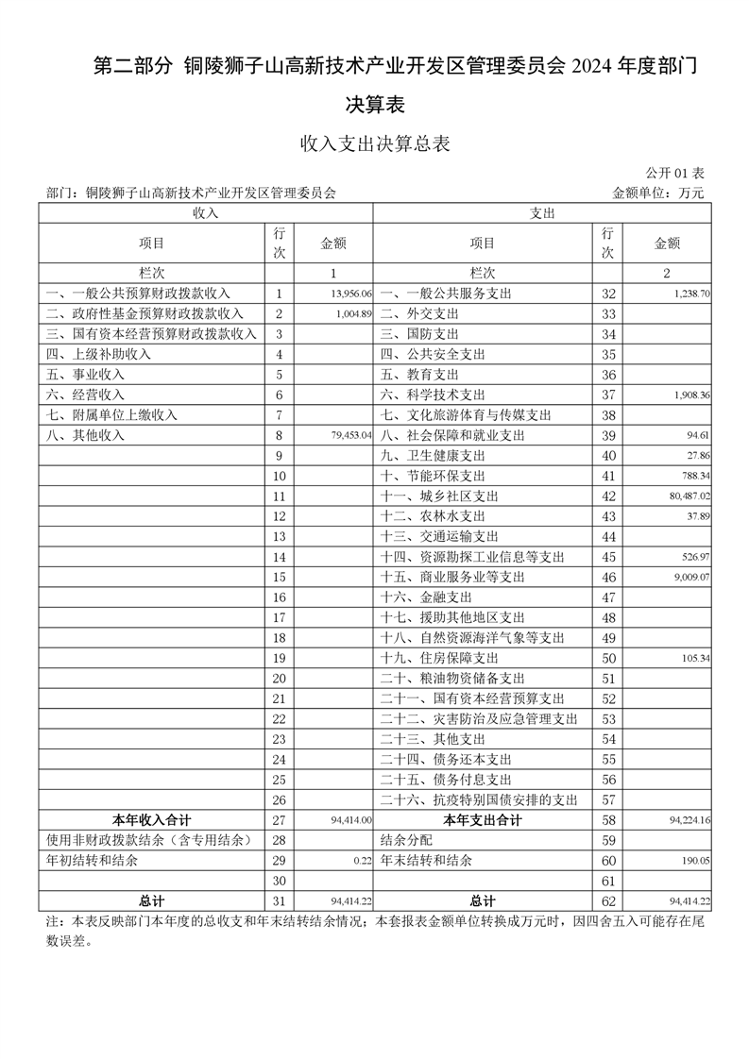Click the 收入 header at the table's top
[x=206, y=213]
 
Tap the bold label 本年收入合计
[x=151, y=820]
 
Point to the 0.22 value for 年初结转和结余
[x=364, y=861]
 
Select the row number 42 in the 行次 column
[x=608, y=496]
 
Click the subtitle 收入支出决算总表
[x=374, y=143]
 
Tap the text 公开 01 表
[x=675, y=174]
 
